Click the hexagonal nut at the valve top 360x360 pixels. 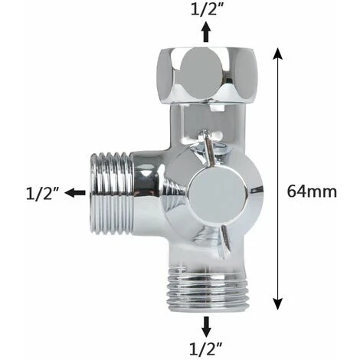206,75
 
